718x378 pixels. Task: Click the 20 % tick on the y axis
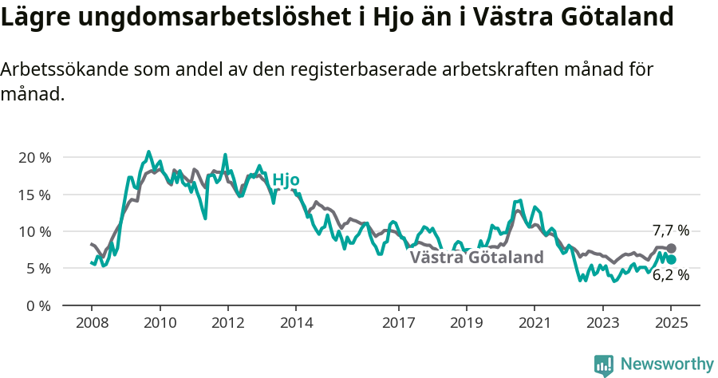point(34,157)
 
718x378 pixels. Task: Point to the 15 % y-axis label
point(34,195)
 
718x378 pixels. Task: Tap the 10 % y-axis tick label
point(34,231)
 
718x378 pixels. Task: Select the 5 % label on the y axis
point(37,269)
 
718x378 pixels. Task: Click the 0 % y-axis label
point(37,305)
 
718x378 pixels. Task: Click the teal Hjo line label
point(286,180)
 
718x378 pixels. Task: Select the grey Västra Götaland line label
point(476,258)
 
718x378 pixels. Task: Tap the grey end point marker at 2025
point(671,249)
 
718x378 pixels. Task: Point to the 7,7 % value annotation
point(670,230)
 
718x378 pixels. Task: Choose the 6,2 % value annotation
point(670,276)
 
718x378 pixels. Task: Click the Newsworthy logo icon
point(604,365)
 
